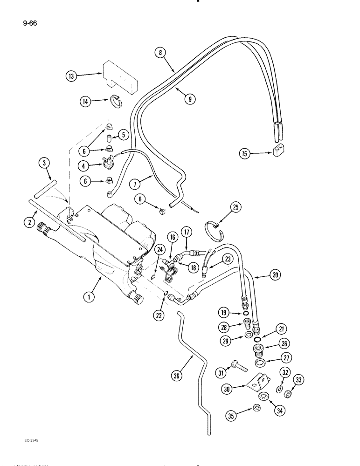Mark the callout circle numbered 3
tap(44, 163)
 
